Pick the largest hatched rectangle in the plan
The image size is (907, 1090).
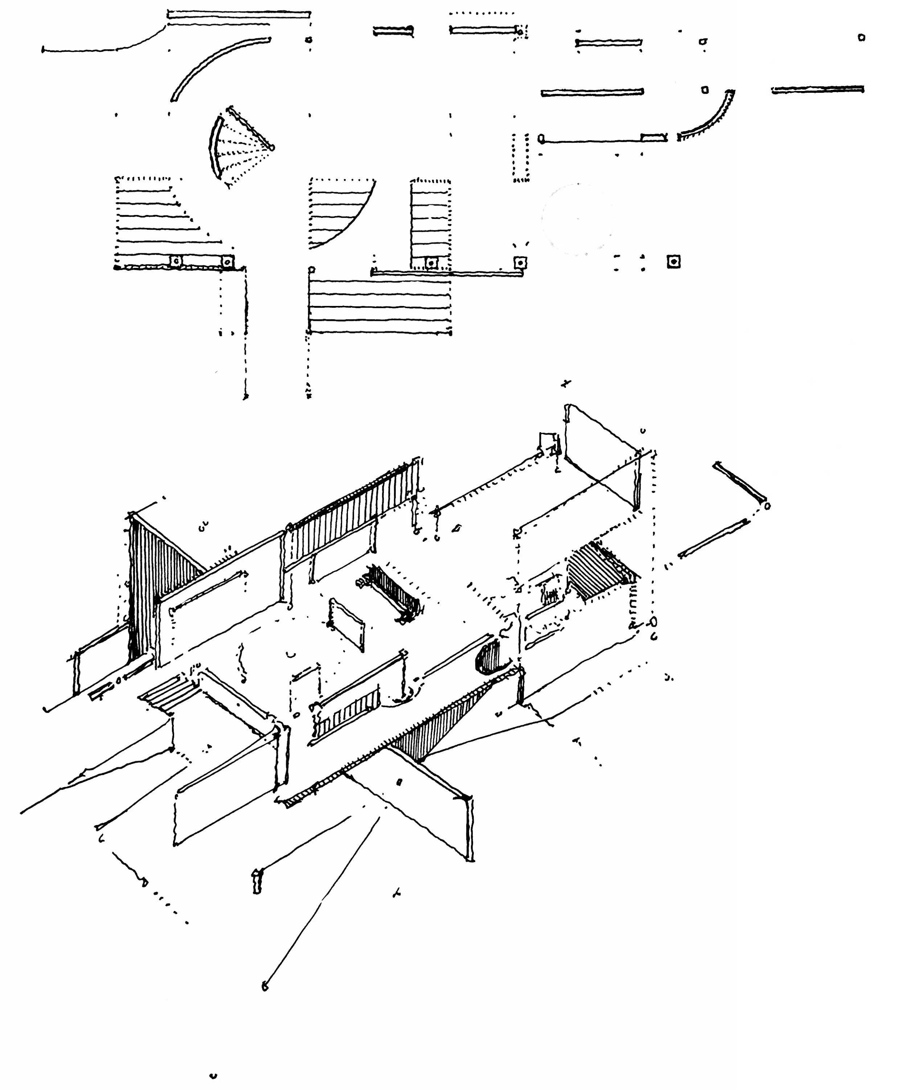(x=379, y=306)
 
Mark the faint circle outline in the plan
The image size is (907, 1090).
(x=576, y=218)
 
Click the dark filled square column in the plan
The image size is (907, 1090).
(x=674, y=262)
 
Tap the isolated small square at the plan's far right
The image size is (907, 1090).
(x=861, y=37)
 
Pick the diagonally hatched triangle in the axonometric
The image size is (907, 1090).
(x=598, y=571)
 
